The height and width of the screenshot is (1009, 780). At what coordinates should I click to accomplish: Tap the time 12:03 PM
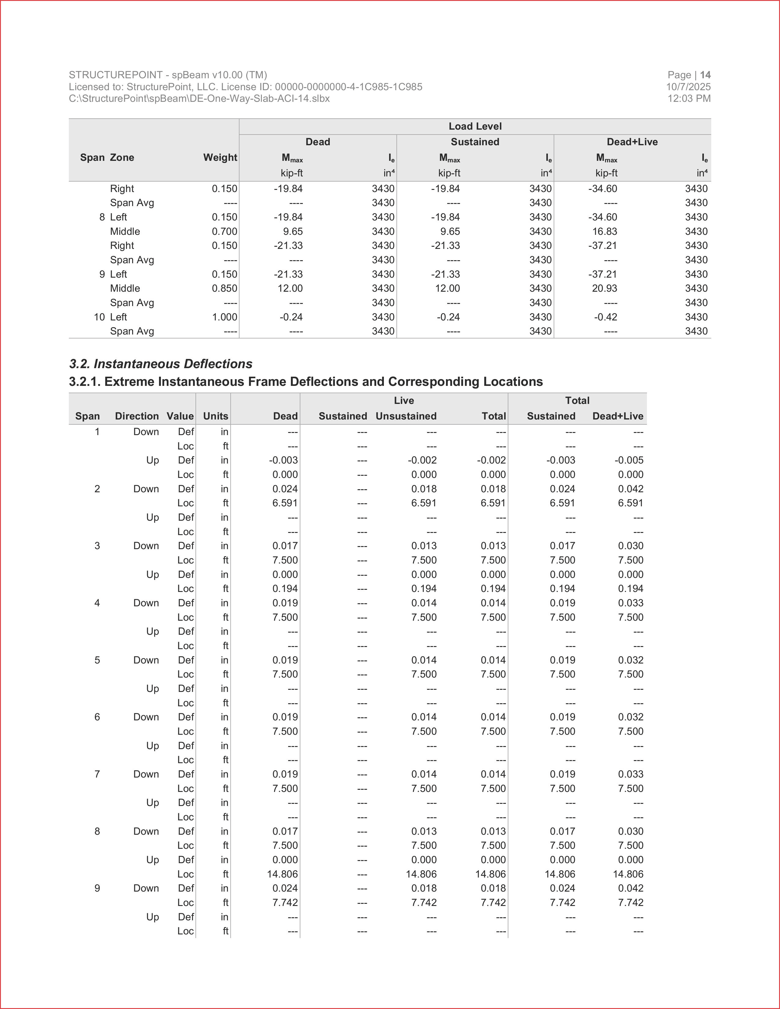pos(689,98)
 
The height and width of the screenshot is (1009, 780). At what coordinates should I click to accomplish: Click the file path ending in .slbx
pos(199,98)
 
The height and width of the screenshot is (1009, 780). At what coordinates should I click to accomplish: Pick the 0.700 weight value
pos(225,231)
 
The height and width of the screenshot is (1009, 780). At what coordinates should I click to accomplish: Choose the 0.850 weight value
pos(225,288)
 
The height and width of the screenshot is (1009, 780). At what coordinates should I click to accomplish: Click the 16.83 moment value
pos(604,231)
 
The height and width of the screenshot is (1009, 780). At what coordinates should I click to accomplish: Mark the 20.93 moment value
pos(604,288)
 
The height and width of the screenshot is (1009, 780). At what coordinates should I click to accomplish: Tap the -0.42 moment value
pos(605,317)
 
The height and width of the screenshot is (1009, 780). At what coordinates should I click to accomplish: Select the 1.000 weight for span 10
pos(225,317)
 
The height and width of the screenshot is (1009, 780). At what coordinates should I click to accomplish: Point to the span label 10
pos(99,317)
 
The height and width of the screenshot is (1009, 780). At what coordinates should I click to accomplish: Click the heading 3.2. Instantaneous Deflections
pos(161,364)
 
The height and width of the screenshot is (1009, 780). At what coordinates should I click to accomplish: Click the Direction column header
pos(137,416)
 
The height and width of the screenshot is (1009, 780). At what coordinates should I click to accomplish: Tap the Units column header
pos(215,416)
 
